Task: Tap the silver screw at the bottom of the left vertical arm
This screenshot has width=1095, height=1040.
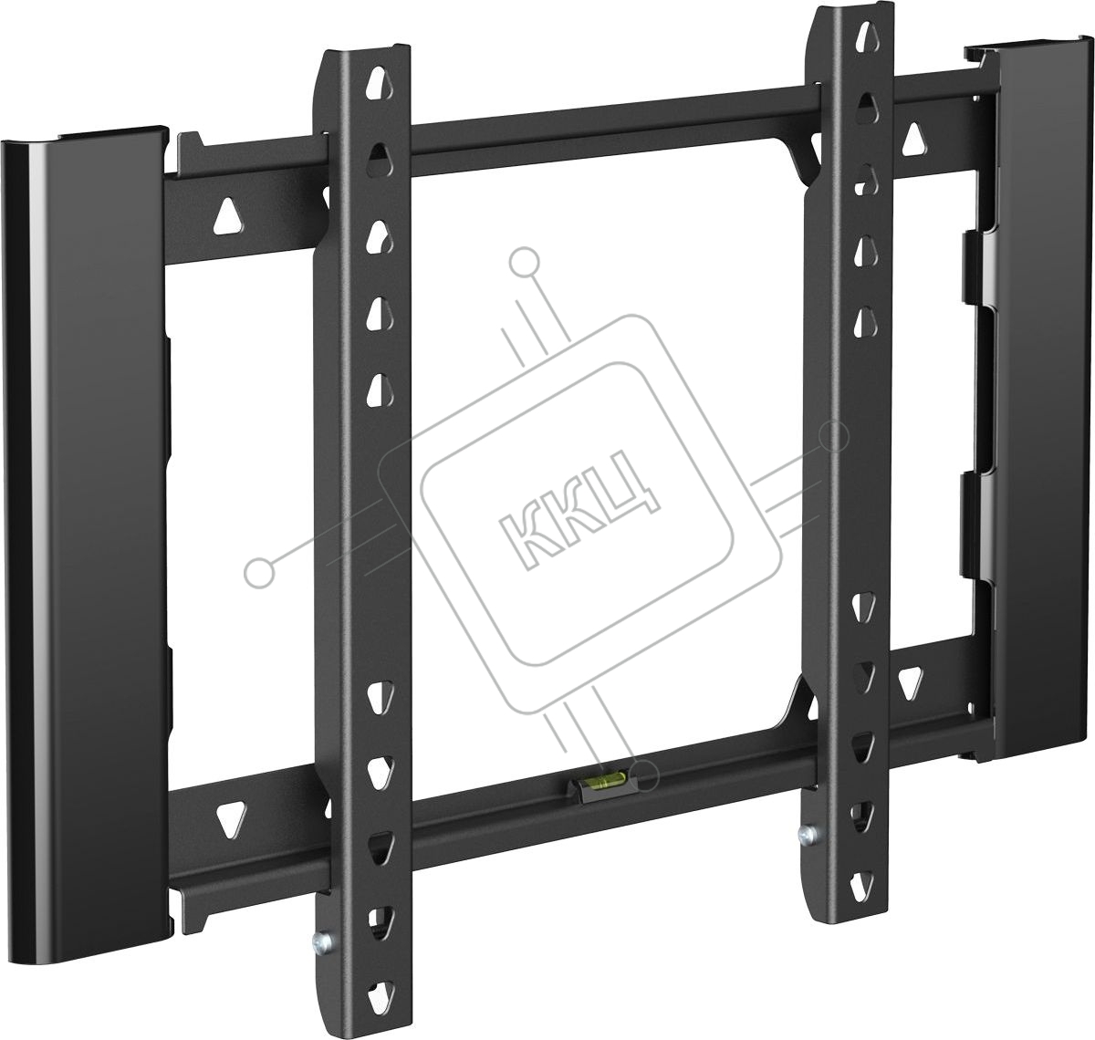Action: point(322,941)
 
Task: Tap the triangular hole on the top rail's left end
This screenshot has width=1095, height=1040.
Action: point(228,215)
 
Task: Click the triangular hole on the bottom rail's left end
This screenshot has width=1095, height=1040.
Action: point(231,820)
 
